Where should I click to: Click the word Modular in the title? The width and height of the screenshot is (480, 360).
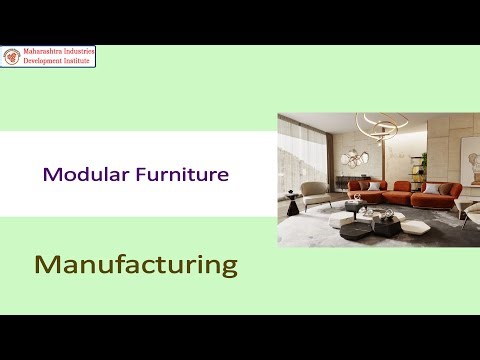point(76,174)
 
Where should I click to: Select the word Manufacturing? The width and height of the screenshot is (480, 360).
point(136,265)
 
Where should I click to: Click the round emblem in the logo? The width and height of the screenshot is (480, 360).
point(13,57)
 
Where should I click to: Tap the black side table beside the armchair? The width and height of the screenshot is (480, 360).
point(294,207)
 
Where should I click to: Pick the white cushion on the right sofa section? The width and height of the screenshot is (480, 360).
point(432,187)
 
